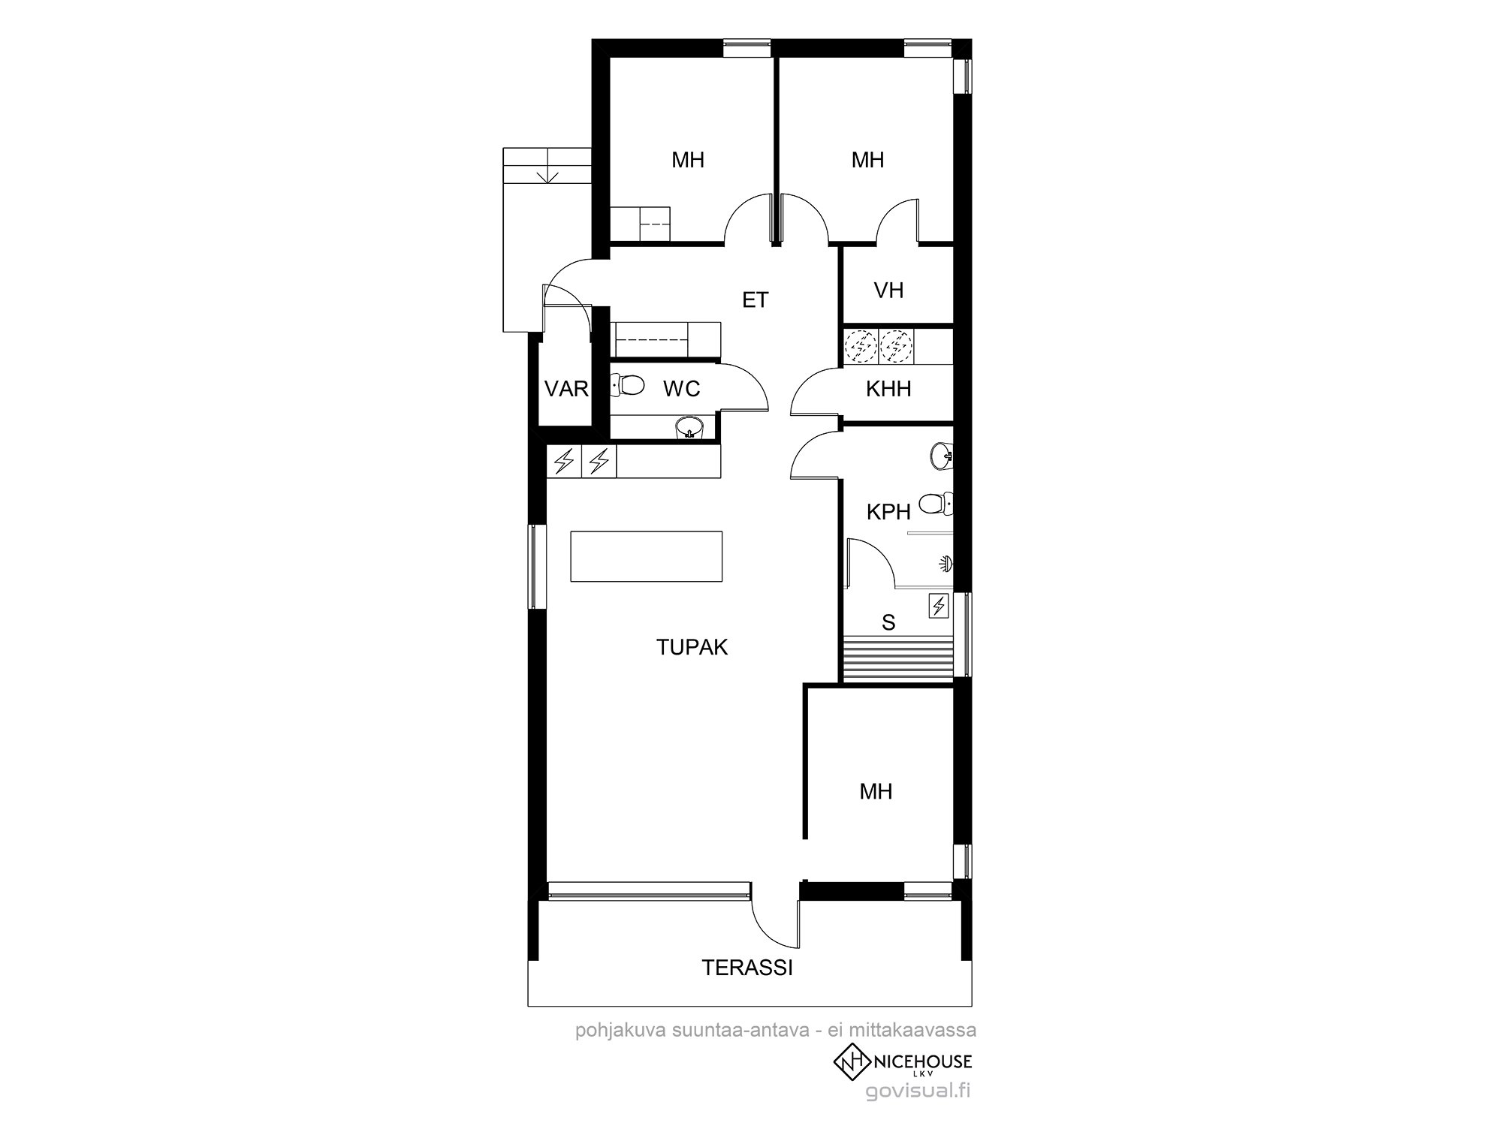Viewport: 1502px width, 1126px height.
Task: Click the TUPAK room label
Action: (x=692, y=647)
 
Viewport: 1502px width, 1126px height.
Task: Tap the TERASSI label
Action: (x=747, y=968)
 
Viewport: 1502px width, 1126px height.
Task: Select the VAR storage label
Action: (x=566, y=389)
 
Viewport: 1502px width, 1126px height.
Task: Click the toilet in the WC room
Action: (x=628, y=386)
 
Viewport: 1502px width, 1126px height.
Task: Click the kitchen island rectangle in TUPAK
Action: (x=647, y=555)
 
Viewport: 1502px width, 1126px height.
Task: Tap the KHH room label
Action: (x=888, y=389)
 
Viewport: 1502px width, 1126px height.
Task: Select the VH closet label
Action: (x=888, y=291)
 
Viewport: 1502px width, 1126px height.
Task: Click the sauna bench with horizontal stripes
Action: (x=897, y=658)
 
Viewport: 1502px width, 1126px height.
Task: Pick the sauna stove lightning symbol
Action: (x=938, y=606)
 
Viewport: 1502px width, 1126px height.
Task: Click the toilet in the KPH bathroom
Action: (x=937, y=504)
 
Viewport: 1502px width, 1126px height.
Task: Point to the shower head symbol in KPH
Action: (x=946, y=563)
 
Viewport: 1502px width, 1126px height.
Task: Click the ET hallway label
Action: (x=756, y=300)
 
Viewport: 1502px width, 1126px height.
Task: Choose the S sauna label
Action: (x=888, y=622)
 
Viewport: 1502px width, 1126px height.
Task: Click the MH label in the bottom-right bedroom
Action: (x=876, y=791)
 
